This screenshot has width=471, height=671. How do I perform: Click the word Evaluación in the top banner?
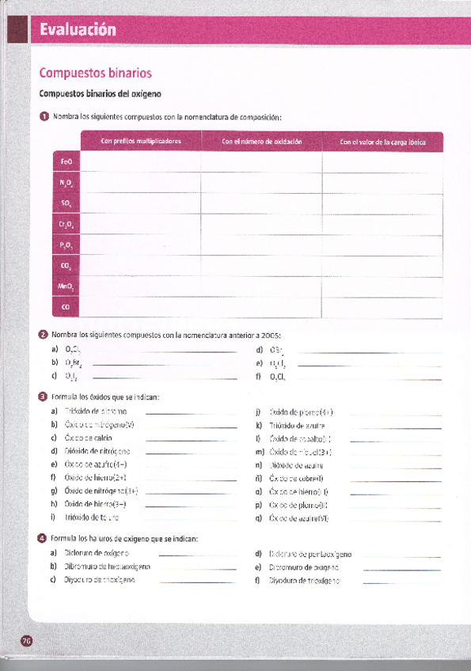pyautogui.click(x=78, y=30)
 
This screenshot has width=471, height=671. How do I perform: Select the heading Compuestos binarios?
pyautogui.click(x=95, y=74)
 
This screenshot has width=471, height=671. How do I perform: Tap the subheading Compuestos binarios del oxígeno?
pyautogui.click(x=100, y=94)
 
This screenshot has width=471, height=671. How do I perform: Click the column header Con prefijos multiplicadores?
pyautogui.click(x=141, y=142)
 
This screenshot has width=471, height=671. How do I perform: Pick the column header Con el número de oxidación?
pyautogui.click(x=262, y=142)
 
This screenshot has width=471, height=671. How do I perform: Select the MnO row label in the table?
pyautogui.click(x=66, y=286)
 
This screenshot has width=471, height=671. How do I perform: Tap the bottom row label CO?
pyautogui.click(x=66, y=306)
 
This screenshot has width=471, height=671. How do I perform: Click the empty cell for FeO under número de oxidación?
pyautogui.click(x=262, y=162)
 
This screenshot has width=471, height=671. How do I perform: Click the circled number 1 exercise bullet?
pyautogui.click(x=44, y=117)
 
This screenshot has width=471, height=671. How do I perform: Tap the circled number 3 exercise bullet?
pyautogui.click(x=44, y=396)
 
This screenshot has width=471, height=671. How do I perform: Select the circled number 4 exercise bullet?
pyautogui.click(x=44, y=539)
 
